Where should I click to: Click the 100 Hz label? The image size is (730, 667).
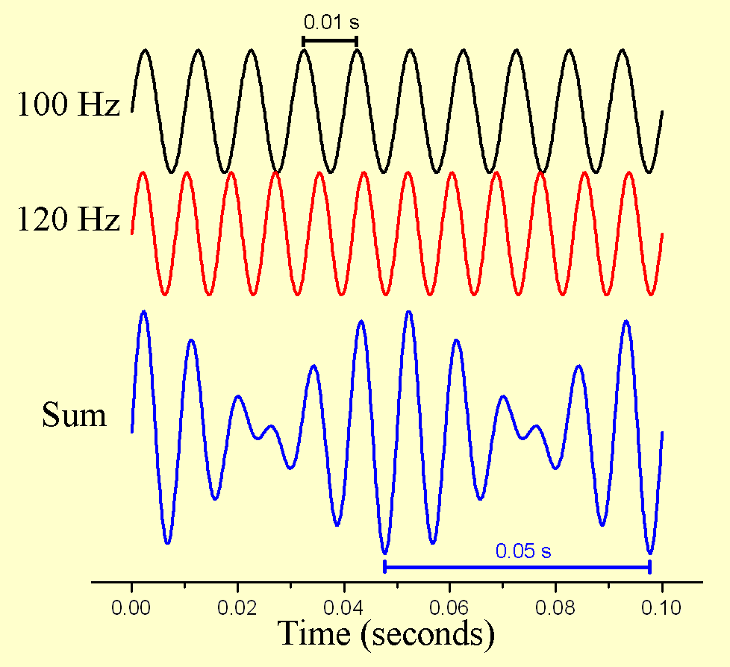click(68, 105)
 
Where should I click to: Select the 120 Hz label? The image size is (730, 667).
click(68, 220)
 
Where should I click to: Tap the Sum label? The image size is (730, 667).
click(74, 415)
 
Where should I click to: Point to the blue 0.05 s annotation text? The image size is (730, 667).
click(522, 551)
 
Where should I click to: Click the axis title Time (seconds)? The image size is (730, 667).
click(386, 634)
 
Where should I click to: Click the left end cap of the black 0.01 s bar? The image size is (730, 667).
click(303, 41)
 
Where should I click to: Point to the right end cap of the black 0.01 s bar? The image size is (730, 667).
click(357, 41)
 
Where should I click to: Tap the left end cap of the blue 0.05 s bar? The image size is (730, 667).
click(384, 567)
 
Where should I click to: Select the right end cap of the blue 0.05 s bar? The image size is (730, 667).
click(650, 567)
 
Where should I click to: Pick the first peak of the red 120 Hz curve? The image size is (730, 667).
click(143, 172)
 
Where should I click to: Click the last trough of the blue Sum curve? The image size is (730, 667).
click(650, 553)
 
